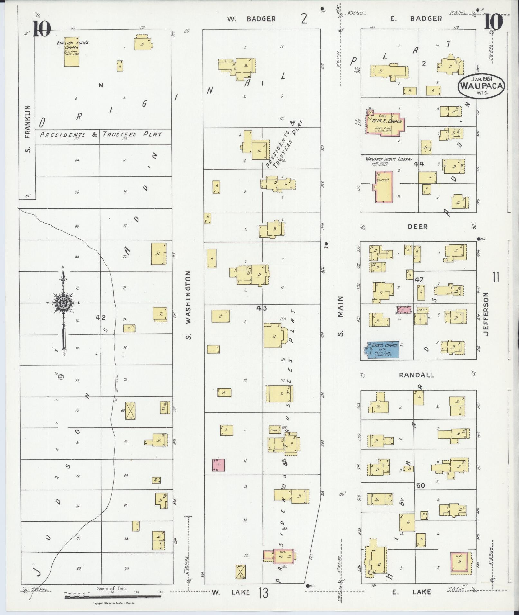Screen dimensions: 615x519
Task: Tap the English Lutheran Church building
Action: coord(71,53)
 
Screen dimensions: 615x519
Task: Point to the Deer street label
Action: coord(417,227)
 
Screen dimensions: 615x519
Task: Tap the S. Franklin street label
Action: coord(28,129)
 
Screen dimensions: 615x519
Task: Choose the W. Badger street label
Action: coord(252,19)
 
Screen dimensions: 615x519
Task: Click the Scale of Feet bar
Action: coord(113,597)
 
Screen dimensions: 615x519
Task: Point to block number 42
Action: coord(101,318)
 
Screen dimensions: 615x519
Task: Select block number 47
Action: coord(419,279)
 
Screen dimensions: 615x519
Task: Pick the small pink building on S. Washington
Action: coord(218,465)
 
